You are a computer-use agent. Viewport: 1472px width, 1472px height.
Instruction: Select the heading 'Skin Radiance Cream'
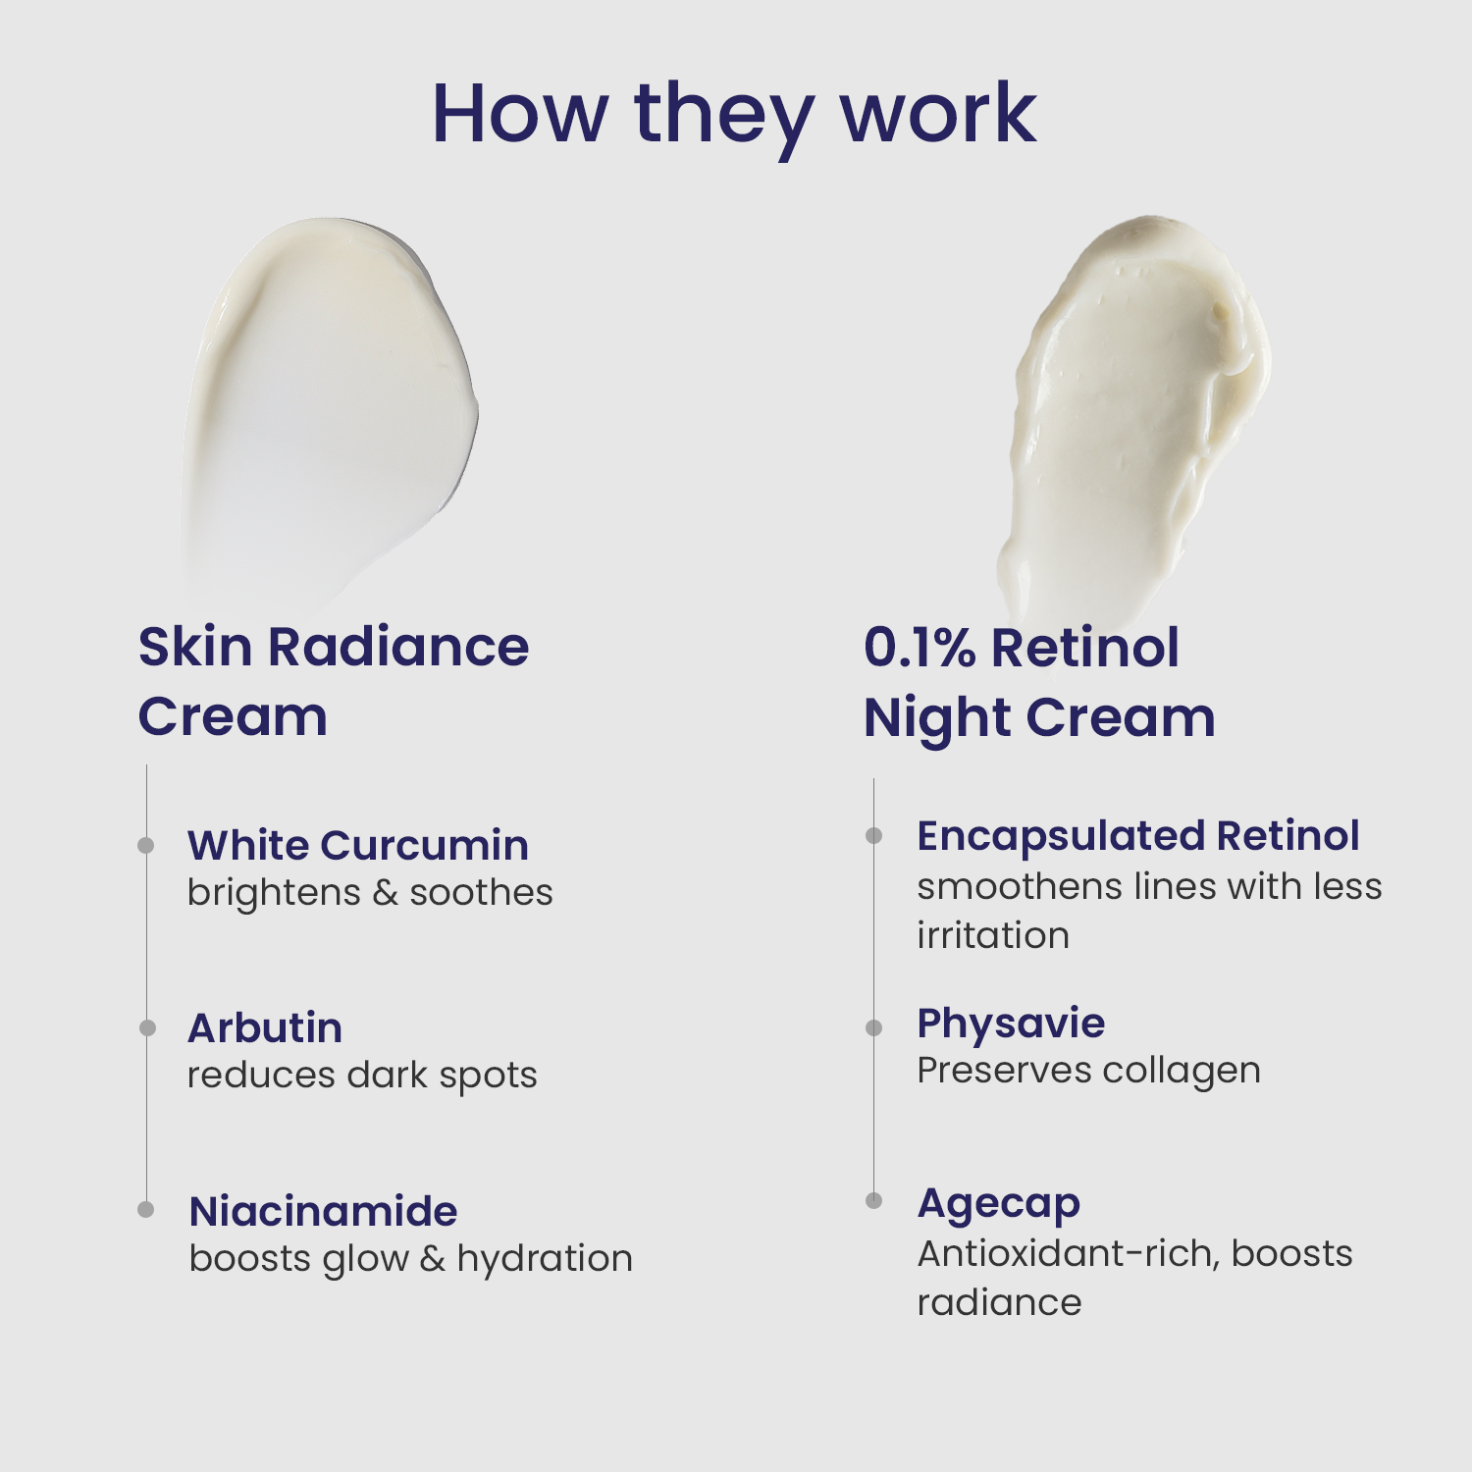click(334, 681)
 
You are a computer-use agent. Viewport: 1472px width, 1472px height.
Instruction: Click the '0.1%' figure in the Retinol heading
click(920, 648)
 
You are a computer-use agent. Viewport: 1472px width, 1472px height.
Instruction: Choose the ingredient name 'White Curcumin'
click(358, 845)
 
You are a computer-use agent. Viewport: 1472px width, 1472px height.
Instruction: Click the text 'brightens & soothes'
click(370, 892)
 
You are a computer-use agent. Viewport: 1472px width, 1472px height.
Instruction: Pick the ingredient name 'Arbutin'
click(265, 1027)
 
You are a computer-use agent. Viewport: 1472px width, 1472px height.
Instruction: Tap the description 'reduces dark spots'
click(362, 1076)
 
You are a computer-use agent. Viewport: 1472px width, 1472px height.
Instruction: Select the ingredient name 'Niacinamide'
click(323, 1211)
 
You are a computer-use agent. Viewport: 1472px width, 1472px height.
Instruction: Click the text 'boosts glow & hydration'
click(411, 1259)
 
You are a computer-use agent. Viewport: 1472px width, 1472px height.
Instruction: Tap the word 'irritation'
click(993, 935)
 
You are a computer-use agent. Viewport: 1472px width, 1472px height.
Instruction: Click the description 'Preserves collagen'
click(1089, 1071)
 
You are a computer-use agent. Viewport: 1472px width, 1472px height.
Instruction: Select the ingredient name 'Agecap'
click(999, 1204)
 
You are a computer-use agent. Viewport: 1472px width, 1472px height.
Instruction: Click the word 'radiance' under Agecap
click(999, 1303)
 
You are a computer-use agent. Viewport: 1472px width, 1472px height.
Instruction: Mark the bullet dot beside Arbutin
click(147, 1027)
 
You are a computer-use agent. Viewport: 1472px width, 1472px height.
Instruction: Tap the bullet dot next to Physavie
click(873, 1027)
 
